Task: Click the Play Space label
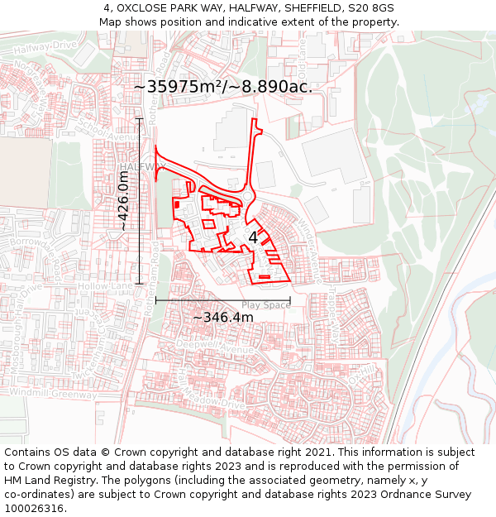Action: (x=265, y=305)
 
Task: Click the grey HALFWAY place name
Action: (x=141, y=167)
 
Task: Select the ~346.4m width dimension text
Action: (x=222, y=318)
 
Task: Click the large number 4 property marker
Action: (x=253, y=237)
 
